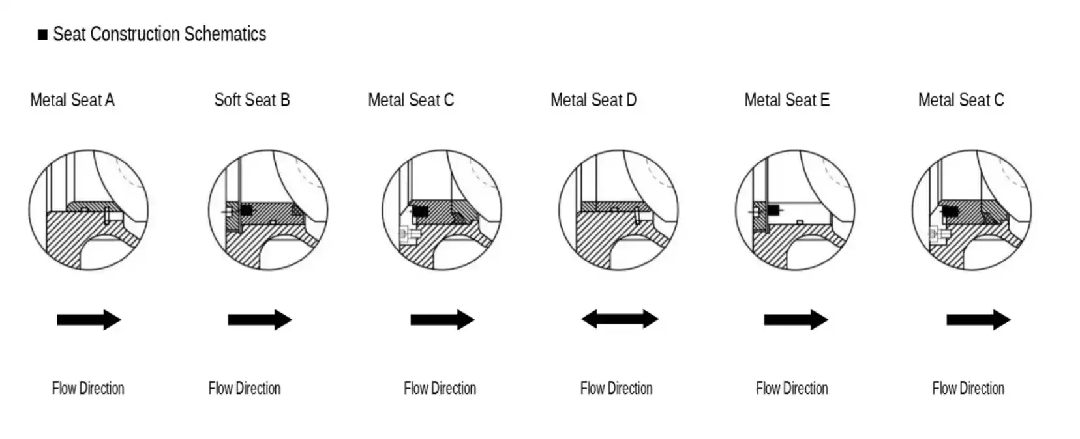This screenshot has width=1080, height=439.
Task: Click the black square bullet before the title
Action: coord(42,35)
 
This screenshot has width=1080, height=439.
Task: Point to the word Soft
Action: coord(228,100)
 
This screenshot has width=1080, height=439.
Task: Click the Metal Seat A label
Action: coord(72,100)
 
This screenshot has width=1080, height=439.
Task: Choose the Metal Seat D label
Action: coord(593,100)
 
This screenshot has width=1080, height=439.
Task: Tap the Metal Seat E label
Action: coord(787,100)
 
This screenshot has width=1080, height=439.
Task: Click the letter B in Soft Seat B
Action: coord(285,100)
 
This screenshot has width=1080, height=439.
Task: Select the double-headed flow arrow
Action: coord(620,319)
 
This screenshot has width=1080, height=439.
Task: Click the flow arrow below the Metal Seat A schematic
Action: coord(89,320)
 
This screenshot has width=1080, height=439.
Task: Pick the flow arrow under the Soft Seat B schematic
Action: coord(260,320)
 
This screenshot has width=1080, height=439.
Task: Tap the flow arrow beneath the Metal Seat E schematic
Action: coord(796,320)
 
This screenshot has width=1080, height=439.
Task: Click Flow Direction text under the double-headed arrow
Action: coord(616,388)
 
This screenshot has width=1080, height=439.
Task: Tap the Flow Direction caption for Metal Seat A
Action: coord(88,388)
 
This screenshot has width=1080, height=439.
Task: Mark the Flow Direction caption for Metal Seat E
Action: coord(792,388)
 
